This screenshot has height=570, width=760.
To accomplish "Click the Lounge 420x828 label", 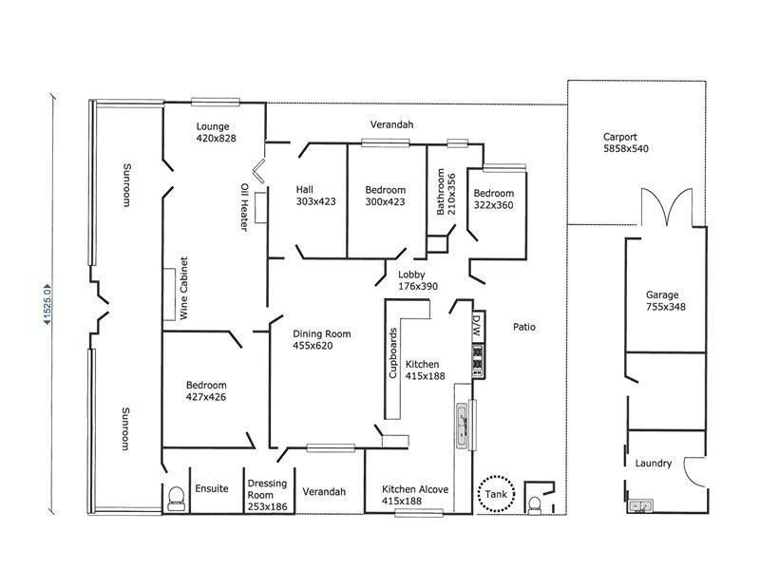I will [x=216, y=132].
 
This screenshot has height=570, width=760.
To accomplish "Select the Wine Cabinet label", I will [x=185, y=288].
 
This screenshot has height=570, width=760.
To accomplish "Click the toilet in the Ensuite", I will [x=174, y=500].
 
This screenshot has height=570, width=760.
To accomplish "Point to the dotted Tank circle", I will [x=496, y=493].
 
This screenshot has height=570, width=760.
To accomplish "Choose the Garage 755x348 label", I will [x=666, y=301].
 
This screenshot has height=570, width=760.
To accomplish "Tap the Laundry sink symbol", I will [x=640, y=507].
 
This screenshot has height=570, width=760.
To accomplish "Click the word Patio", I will [x=524, y=327].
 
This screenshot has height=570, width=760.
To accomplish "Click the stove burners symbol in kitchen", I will [x=478, y=361].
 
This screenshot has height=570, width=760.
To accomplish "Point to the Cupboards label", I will [x=393, y=352].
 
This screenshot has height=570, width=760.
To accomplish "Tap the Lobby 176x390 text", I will [x=418, y=280].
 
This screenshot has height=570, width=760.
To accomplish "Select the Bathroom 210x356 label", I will [x=446, y=194].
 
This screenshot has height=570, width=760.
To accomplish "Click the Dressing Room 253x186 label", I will [x=267, y=488].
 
